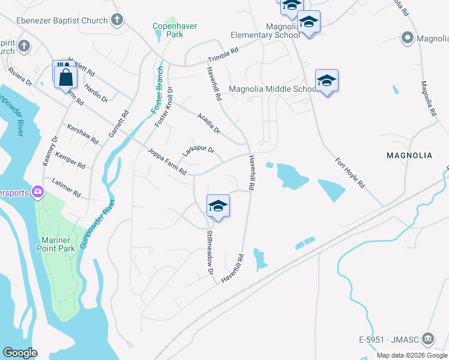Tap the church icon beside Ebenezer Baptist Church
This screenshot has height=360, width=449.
coord(118,20)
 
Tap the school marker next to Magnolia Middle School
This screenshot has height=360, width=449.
coord(327,81)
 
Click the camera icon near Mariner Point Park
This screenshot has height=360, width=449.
coord(38,191)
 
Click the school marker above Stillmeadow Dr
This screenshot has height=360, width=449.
coord(218,206)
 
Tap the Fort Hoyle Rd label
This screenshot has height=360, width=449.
coord(350,173)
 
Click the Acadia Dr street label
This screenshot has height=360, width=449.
coord(209,123)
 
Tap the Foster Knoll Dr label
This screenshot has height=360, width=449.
coord(164,107)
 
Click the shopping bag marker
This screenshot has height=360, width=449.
coord(65,77)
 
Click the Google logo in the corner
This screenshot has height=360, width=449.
coord(20,353)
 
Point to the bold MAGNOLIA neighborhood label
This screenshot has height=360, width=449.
coord(409,155)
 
